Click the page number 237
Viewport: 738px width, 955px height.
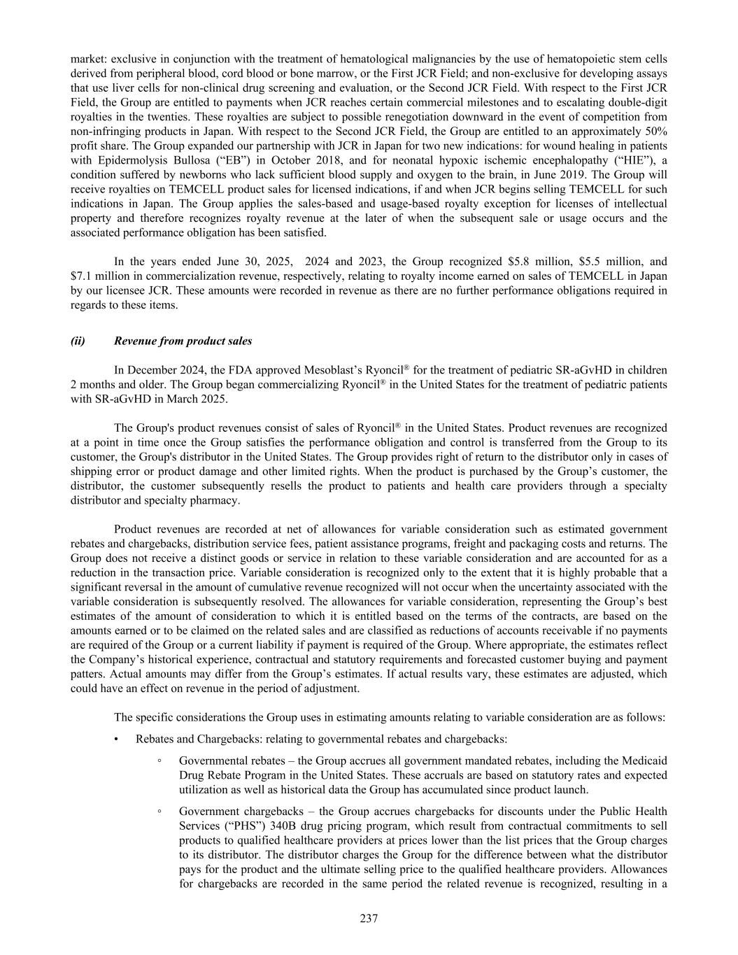tap(369, 919)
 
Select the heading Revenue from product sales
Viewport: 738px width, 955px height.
tap(183, 341)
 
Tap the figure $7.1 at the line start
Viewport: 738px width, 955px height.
tap(83, 276)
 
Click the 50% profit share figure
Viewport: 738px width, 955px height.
tap(655, 131)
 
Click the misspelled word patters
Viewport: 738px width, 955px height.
tap(87, 674)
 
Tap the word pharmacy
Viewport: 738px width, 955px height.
tap(218, 500)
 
